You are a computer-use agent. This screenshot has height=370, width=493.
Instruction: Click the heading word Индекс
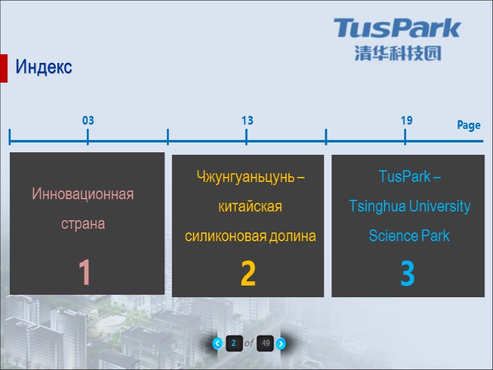click(x=44, y=67)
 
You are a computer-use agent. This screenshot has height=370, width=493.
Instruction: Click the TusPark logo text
click(x=397, y=28)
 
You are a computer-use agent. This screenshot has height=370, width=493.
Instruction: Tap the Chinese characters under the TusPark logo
click(x=397, y=54)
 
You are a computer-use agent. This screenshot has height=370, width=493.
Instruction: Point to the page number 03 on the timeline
click(x=88, y=121)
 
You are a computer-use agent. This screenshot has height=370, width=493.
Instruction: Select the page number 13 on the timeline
click(x=246, y=121)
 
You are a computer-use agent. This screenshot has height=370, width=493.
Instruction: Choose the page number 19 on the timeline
click(x=405, y=120)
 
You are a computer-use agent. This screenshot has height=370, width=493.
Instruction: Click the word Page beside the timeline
click(x=468, y=125)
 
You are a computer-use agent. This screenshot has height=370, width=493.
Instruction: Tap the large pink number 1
click(x=85, y=273)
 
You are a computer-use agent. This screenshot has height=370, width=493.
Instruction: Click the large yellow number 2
click(x=248, y=275)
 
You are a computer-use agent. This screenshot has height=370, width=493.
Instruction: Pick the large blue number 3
click(x=407, y=275)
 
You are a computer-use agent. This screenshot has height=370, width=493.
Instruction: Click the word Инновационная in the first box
click(x=83, y=194)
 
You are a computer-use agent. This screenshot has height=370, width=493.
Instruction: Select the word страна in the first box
click(x=83, y=223)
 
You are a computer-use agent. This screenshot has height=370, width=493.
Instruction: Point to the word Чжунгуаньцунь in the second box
click(x=245, y=178)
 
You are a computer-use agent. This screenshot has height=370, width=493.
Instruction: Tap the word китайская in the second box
click(x=250, y=207)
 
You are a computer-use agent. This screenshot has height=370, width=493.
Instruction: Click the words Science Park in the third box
click(x=409, y=236)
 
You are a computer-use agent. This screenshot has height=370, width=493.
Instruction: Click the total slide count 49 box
click(x=265, y=343)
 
